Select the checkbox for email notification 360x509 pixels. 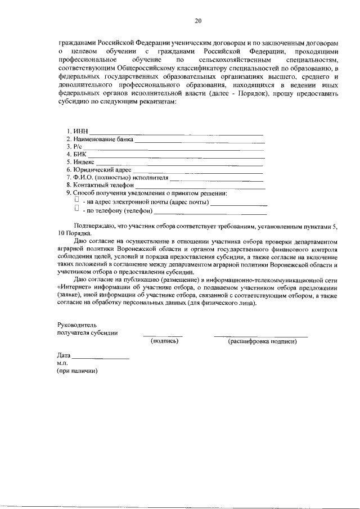click(x=77, y=200)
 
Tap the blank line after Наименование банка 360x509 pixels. click(x=199, y=141)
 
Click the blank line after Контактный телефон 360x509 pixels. click(x=200, y=186)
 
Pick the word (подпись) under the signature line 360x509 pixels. click(x=164, y=341)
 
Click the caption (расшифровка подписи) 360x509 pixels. click(x=262, y=341)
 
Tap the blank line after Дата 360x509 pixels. click(x=101, y=358)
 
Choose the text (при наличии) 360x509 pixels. click(x=77, y=372)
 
